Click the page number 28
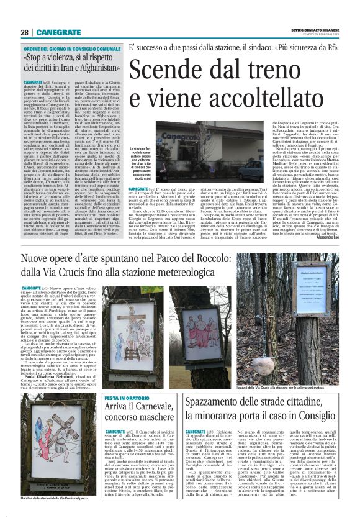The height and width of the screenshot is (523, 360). click(x=25, y=32)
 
